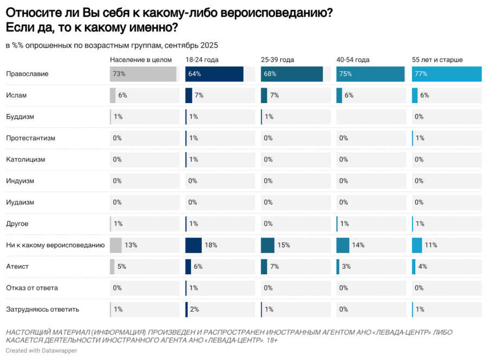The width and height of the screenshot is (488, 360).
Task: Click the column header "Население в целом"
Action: pyautogui.click(x=140, y=60)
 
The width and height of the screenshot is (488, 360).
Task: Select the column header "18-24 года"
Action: pyautogui.click(x=202, y=60)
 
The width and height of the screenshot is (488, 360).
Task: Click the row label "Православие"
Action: pyautogui.click(x=27, y=74)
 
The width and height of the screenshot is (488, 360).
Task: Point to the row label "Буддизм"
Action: pyautogui.click(x=22, y=117)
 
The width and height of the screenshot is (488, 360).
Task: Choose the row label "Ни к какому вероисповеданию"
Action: pyautogui.click(x=55, y=245)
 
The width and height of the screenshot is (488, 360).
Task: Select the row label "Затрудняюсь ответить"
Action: pyautogui.click(x=42, y=310)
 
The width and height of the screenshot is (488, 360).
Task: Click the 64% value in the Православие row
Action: pyautogui.click(x=195, y=74)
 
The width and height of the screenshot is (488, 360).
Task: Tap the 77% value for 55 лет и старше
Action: pyautogui.click(x=421, y=74)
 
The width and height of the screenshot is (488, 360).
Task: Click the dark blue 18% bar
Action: pyautogui.click(x=193, y=245)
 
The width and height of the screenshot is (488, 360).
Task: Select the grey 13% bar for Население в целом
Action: pyautogui.click(x=115, y=245)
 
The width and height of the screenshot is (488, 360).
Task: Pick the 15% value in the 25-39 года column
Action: pyautogui.click(x=284, y=245)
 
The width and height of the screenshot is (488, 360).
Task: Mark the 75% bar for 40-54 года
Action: pyautogui.click(x=370, y=74)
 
